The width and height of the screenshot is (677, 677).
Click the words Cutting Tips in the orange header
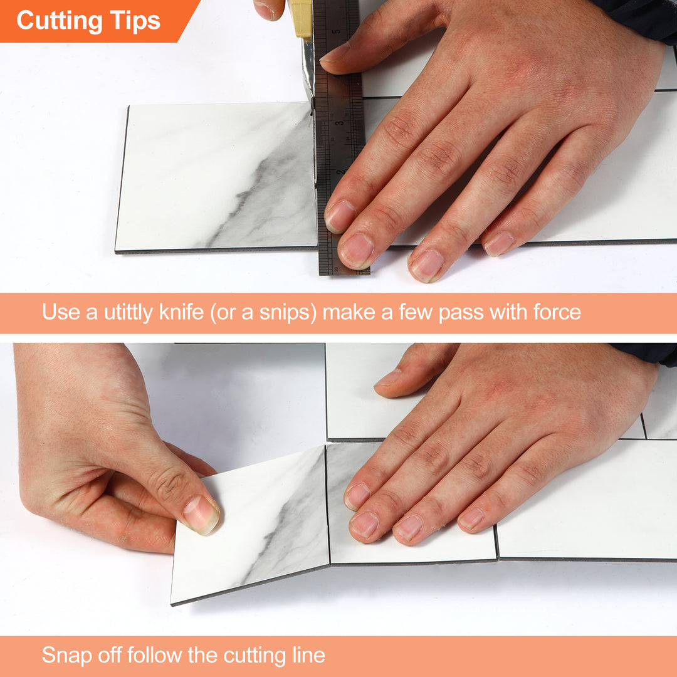88,20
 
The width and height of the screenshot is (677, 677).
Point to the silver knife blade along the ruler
308,69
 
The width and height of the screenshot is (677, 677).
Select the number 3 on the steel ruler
339,124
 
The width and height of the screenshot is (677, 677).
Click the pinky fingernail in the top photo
500,243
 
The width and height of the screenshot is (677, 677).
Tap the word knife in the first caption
181,312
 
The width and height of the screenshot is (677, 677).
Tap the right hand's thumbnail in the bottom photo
389,378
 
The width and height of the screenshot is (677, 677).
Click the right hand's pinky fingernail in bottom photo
471,518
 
